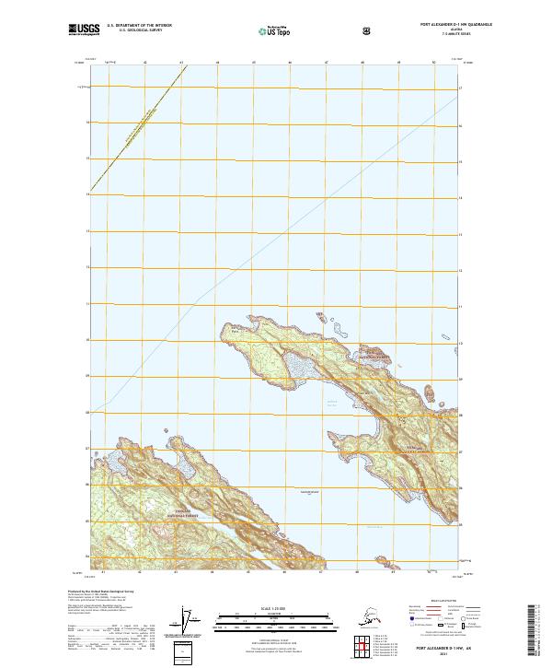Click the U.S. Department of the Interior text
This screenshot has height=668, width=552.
pos(140,25)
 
